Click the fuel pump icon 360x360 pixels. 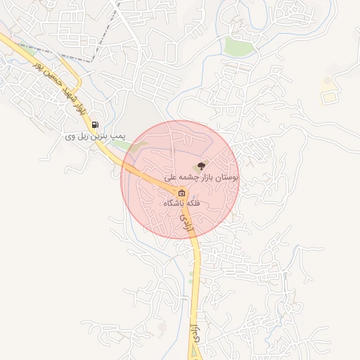click(x=96, y=125)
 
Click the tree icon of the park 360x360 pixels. click(x=202, y=167)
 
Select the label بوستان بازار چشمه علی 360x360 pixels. click(x=202, y=179)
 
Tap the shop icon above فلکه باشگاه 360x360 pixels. click(x=182, y=193)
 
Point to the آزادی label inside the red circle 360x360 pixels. click(x=187, y=223)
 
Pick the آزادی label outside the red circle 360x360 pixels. click(x=195, y=333)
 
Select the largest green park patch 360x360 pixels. click(x=239, y=46)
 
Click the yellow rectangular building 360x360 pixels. click(x=328, y=97)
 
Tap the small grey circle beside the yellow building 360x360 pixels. click(x=326, y=82)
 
